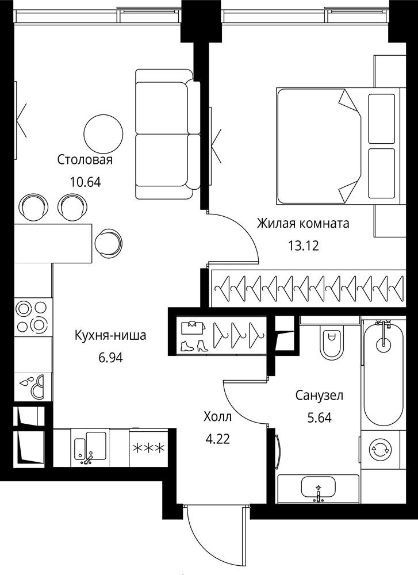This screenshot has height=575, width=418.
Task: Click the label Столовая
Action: tap(85, 160)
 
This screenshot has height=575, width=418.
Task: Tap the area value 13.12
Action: tap(304, 246)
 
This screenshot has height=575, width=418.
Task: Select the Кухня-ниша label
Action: tap(110, 335)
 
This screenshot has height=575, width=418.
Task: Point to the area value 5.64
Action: tap(319, 417)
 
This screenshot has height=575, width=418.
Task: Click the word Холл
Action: tap(218, 416)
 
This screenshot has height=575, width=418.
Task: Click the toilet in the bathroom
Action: tap(332, 343)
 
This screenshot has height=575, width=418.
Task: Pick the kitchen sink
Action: tap(90, 448)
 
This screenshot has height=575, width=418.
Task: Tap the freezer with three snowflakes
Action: tap(149, 448)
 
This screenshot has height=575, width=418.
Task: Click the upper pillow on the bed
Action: tap(382, 119)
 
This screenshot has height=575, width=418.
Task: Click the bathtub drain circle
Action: tap(383, 344)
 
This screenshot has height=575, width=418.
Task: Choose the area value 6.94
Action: tap(111, 357)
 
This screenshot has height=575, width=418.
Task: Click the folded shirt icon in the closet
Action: tap(192, 327)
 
